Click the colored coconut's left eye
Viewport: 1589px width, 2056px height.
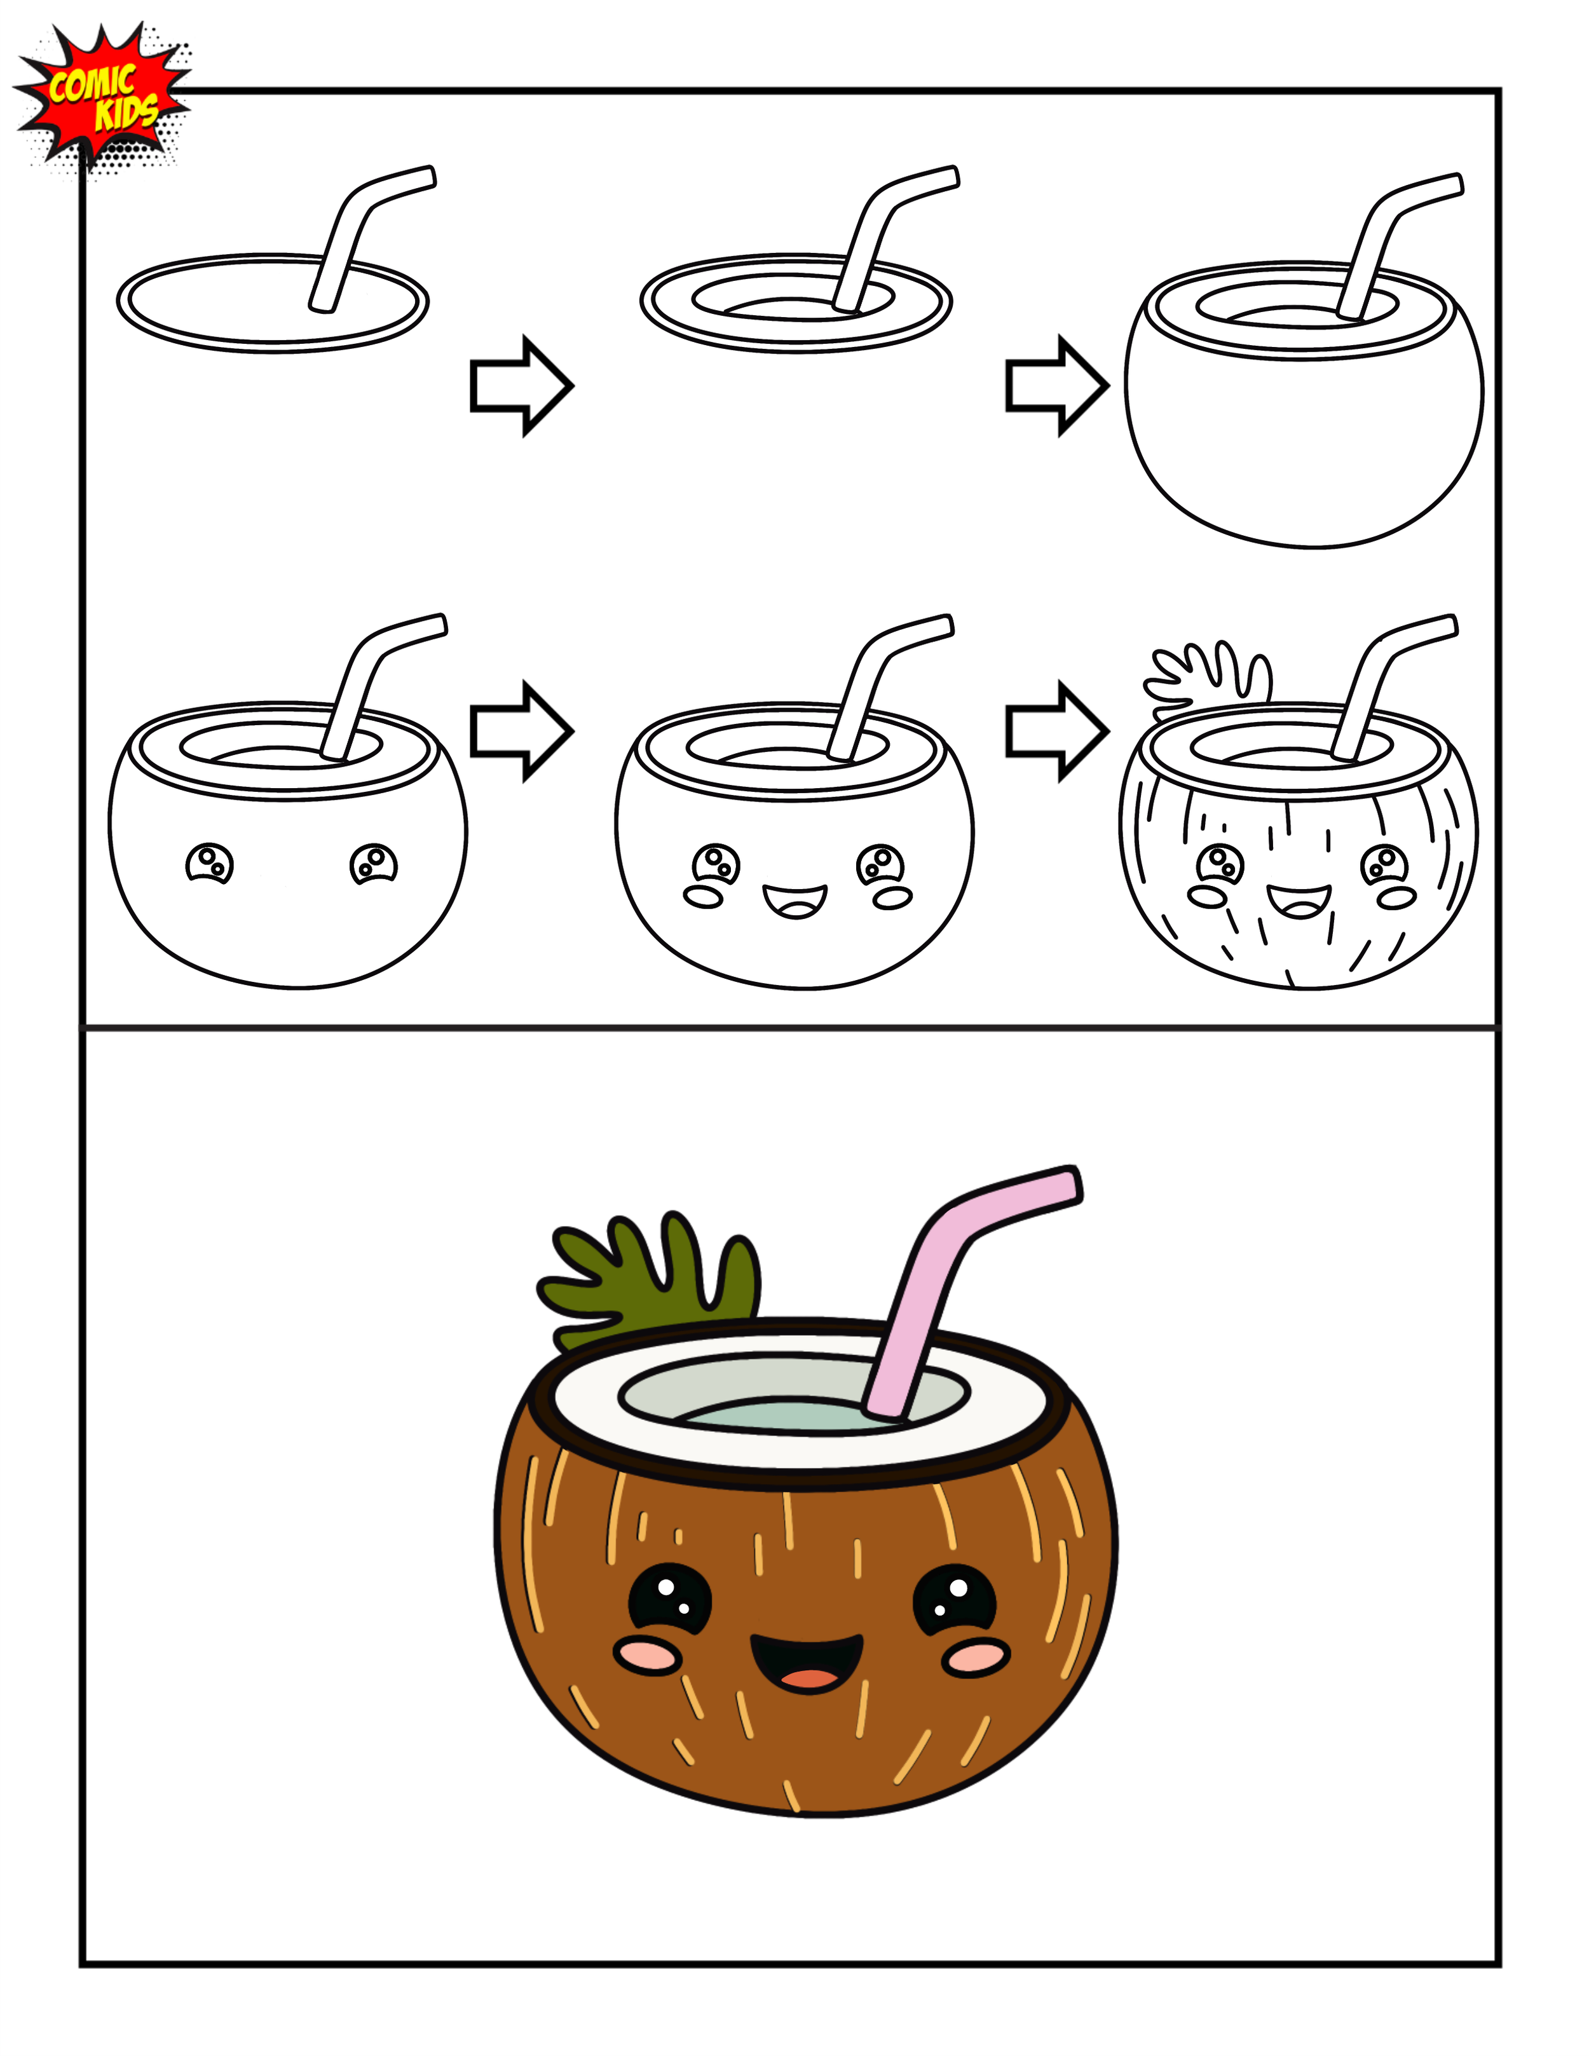[x=669, y=1600]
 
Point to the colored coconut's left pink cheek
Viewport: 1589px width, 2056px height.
[x=648, y=1655]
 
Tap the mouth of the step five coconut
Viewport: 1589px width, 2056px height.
[x=795, y=902]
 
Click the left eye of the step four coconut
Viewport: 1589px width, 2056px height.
[x=210, y=862]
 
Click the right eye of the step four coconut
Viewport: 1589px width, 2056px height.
[x=374, y=862]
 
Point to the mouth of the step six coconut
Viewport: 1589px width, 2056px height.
[x=1299, y=902]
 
